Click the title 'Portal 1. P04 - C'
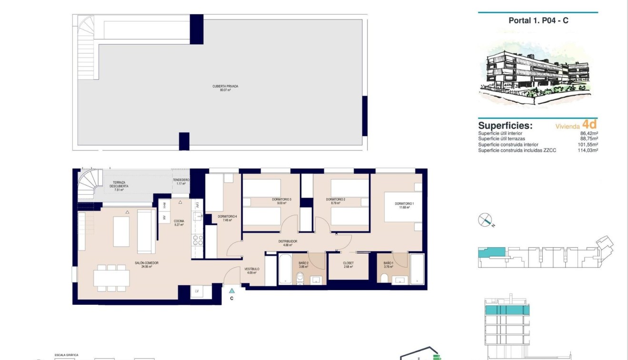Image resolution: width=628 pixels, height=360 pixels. click(x=538, y=20)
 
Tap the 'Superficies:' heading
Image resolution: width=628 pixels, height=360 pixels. click(x=505, y=126)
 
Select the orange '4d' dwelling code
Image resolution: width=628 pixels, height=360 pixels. click(x=589, y=124)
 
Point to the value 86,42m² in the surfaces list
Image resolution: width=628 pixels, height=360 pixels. click(x=589, y=134)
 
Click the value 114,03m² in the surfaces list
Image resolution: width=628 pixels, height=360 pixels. click(x=588, y=150)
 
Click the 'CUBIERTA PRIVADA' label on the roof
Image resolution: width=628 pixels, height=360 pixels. click(x=225, y=87)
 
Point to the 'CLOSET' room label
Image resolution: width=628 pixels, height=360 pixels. click(x=348, y=263)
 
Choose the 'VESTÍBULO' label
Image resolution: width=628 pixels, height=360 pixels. click(x=252, y=270)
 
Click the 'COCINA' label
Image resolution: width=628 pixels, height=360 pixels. click(x=179, y=221)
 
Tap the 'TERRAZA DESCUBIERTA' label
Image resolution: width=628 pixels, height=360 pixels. click(x=116, y=185)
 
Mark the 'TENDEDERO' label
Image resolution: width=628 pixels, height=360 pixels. click(x=181, y=180)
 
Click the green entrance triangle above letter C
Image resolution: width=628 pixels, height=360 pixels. click(x=231, y=290)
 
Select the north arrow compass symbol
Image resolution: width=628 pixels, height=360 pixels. click(x=485, y=220)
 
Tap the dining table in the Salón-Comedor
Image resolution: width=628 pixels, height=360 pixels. click(x=111, y=278)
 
